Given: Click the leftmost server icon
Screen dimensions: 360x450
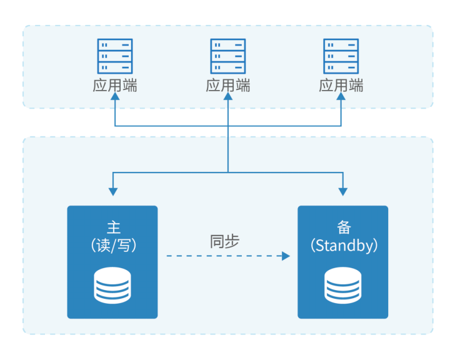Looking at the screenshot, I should [115, 56].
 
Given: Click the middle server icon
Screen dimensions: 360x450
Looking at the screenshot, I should [228, 56].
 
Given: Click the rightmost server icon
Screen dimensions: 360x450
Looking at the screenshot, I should [341, 56].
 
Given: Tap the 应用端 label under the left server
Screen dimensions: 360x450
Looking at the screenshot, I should [115, 86].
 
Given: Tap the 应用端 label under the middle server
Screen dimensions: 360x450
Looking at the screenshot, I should [228, 86].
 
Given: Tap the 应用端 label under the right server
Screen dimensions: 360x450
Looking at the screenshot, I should [341, 86].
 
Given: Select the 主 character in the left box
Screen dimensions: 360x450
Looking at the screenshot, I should [113, 227].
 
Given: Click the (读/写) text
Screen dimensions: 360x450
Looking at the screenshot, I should [113, 245].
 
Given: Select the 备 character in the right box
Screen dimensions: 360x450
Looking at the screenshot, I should [343, 227].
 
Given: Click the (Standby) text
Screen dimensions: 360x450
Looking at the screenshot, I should [344, 245].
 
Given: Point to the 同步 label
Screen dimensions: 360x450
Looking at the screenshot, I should [225, 241].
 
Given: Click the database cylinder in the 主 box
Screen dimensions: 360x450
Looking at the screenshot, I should [112, 285].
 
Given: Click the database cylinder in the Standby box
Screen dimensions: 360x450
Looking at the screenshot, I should [343, 285].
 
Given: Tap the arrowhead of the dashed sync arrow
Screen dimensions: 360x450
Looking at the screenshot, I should [286, 256].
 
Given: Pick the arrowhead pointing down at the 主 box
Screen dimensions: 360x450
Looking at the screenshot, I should [112, 191].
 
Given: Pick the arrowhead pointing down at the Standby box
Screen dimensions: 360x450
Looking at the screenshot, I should [343, 191].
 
